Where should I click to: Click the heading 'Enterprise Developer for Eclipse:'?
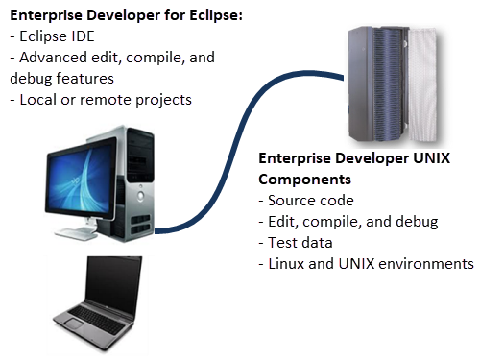coord(125,16)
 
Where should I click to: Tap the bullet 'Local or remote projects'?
coord(105,99)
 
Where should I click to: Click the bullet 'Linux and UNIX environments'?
coord(371,263)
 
